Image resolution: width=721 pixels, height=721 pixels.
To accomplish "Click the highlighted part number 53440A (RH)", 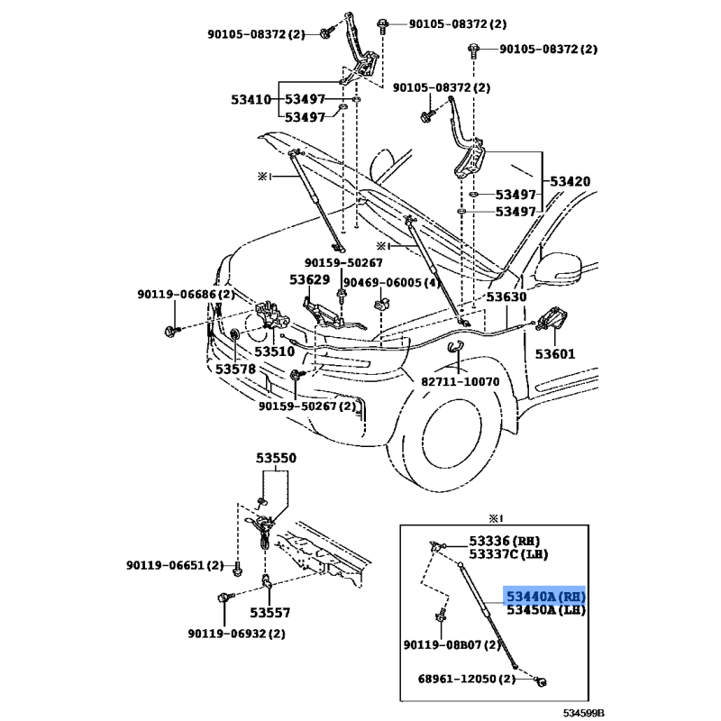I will click(x=545, y=597).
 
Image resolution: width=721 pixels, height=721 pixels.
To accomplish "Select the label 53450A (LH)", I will click(x=545, y=610).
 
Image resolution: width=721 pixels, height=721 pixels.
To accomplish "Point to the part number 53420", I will click(x=571, y=181).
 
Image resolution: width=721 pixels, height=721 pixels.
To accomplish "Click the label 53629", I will click(x=309, y=281).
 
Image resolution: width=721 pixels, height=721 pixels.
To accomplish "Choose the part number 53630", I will click(x=507, y=296).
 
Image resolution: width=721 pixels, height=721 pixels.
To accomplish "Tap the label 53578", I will click(x=236, y=368).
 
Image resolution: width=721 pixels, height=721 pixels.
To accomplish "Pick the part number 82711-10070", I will click(x=460, y=381).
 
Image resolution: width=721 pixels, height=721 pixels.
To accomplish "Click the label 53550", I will click(x=275, y=459).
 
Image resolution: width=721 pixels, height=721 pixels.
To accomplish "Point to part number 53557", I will click(x=270, y=613).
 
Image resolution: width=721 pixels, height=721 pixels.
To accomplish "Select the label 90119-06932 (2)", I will click(x=236, y=634).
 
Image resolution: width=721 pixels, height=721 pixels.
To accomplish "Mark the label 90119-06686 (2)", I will click(x=186, y=294).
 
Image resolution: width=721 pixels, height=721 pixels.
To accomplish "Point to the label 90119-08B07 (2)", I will click(x=453, y=645).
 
